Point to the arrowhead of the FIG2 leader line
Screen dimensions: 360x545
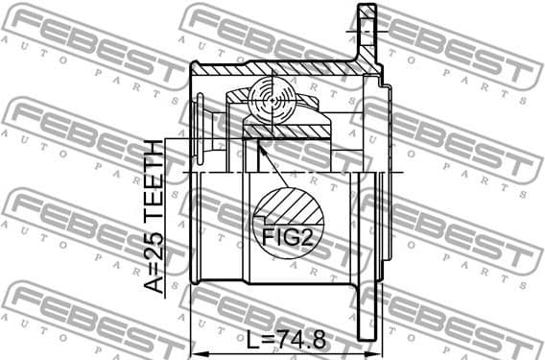[x=258, y=145]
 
